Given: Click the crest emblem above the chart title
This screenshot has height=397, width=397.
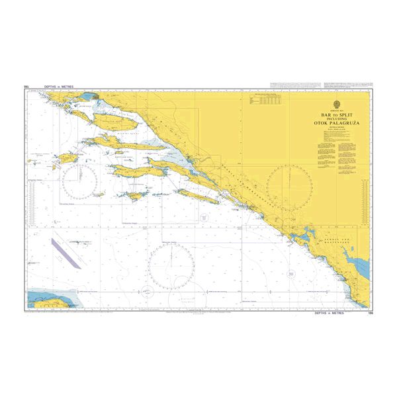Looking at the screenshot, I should pyautogui.click(x=338, y=103).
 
